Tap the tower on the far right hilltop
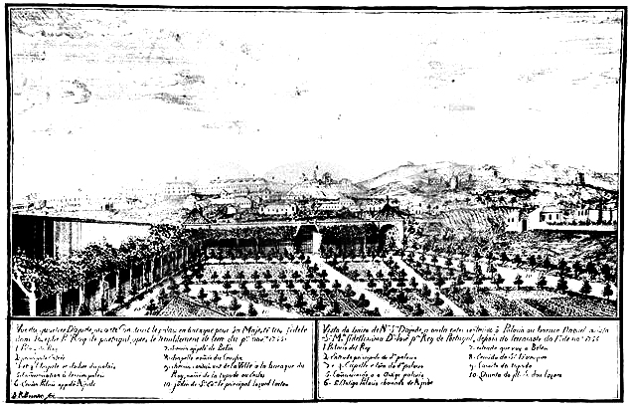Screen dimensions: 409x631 click(x=580, y=180)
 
